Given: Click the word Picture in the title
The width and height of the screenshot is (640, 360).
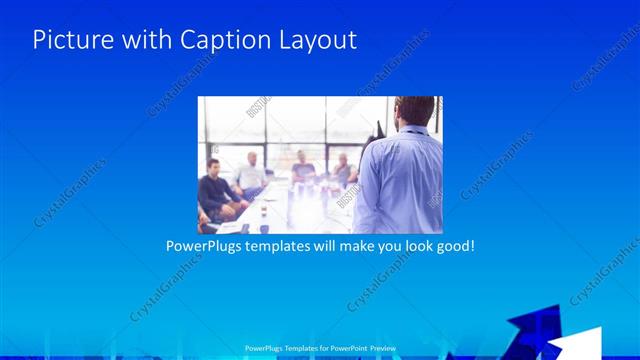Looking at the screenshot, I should [x=70, y=40].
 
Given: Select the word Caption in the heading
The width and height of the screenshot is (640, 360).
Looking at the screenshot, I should [x=222, y=40].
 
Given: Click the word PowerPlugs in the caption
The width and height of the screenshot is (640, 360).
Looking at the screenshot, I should [x=202, y=244].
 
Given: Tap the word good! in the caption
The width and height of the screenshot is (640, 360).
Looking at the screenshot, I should [x=452, y=244].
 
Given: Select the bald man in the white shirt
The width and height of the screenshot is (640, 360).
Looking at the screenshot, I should [x=250, y=173].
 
